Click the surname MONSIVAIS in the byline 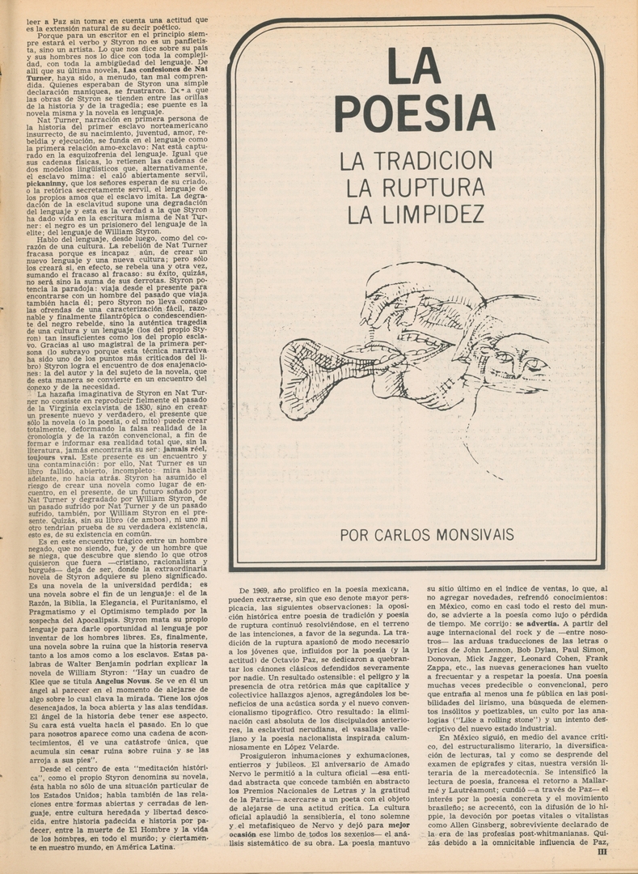click(x=480, y=535)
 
